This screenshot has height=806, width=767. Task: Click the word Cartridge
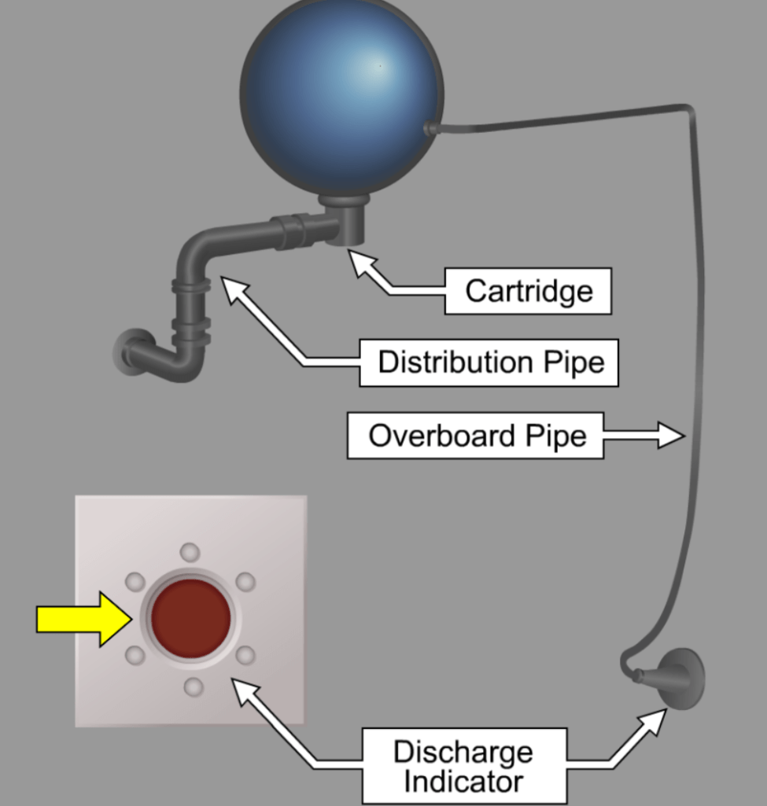pos(528,291)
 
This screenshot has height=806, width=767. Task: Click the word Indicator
pos(463,782)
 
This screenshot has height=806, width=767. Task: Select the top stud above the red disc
pos(190,551)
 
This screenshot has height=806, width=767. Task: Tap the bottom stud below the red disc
pos(193,688)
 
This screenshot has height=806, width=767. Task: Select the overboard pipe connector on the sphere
pos(430,128)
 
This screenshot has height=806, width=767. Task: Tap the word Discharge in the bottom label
pos(463,752)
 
